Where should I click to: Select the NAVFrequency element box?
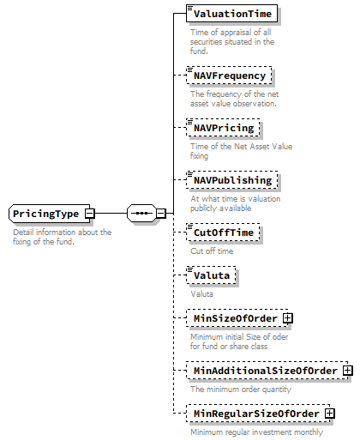(x=230, y=76)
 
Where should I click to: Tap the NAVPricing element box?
(x=224, y=128)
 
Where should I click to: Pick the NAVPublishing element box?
(x=232, y=180)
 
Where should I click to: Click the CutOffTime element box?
(x=224, y=233)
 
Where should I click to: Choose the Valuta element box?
(x=212, y=275)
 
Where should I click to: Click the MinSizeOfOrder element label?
(x=235, y=318)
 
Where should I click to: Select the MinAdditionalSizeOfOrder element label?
(x=264, y=370)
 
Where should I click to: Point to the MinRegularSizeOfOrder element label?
(x=255, y=414)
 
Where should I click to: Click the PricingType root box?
(x=46, y=213)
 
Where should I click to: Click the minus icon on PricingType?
(x=89, y=213)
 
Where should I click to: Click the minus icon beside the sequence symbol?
(x=160, y=213)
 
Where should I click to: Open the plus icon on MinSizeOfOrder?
(x=288, y=318)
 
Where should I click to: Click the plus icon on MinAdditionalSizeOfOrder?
(x=347, y=370)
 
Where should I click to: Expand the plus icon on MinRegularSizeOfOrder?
(x=329, y=414)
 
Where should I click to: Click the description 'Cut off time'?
(x=212, y=251)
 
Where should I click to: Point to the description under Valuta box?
(x=203, y=293)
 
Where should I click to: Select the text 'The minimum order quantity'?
(x=241, y=389)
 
